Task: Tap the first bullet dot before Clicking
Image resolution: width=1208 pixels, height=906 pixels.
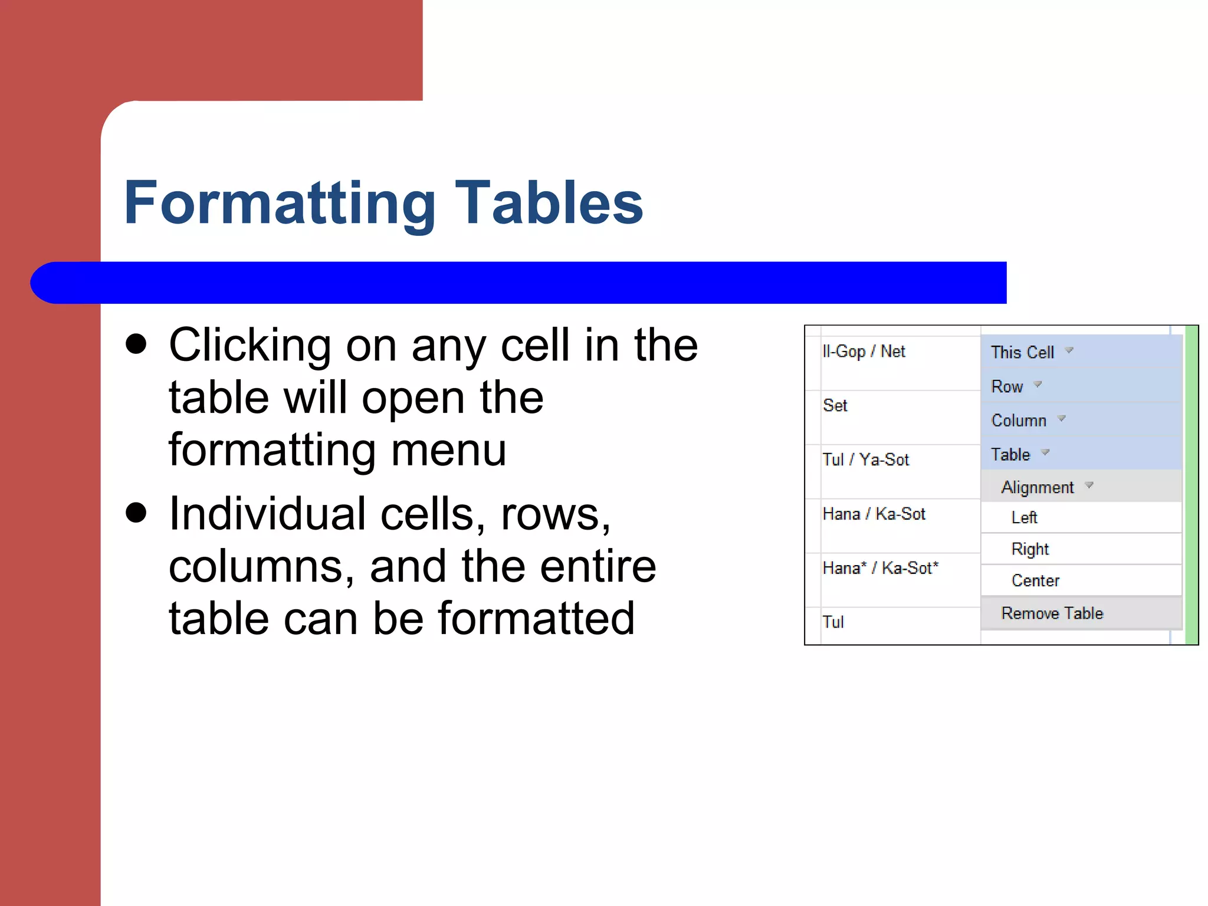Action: click(x=136, y=344)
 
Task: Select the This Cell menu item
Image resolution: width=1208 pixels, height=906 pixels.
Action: click(x=1022, y=352)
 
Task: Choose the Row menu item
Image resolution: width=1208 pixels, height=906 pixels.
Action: click(x=1007, y=386)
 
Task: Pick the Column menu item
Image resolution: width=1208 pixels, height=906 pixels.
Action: click(x=1019, y=421)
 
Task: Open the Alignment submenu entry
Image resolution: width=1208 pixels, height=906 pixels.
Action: click(x=1038, y=487)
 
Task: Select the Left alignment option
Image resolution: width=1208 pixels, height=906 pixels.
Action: click(x=1024, y=517)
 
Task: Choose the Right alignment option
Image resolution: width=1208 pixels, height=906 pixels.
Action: click(x=1030, y=549)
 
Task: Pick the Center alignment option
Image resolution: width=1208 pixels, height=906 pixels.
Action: click(x=1035, y=580)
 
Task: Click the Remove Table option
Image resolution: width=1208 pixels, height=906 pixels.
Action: click(x=1052, y=613)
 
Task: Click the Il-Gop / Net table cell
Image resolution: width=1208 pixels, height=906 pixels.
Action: click(x=864, y=352)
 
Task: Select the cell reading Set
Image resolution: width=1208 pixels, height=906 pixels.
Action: click(x=835, y=406)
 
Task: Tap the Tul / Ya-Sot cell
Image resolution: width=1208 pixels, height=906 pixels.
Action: click(x=866, y=459)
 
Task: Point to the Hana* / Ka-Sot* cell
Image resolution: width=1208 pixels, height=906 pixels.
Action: click(x=880, y=568)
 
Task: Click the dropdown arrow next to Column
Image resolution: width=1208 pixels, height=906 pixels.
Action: click(x=1062, y=418)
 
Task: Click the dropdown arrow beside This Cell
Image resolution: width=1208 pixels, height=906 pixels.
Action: click(x=1069, y=350)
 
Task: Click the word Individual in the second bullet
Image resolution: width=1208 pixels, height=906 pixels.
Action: click(x=267, y=514)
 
